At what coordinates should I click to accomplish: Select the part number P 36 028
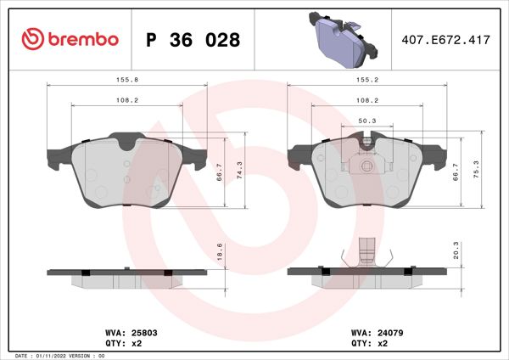point(193,40)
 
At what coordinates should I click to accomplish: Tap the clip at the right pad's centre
point(367,164)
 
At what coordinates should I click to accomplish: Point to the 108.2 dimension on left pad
point(127,99)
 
